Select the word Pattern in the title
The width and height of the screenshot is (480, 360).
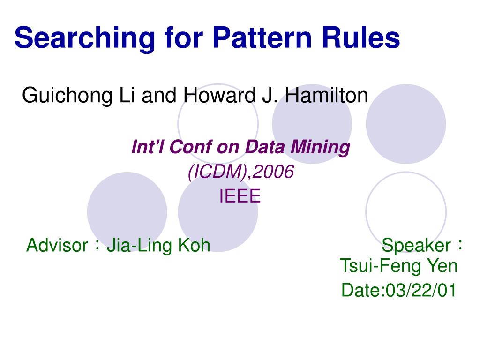tap(262, 37)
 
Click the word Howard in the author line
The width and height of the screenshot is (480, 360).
tap(219, 95)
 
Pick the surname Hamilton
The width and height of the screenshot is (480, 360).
tap(327, 95)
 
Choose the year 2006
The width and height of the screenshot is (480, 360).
tap(274, 172)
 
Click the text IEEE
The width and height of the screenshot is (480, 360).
tap(240, 196)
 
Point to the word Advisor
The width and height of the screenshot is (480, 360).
tap(57, 245)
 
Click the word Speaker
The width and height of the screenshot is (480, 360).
tap(416, 246)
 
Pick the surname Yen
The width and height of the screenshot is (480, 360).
tap(442, 266)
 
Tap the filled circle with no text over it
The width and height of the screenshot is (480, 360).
tap(406, 124)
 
